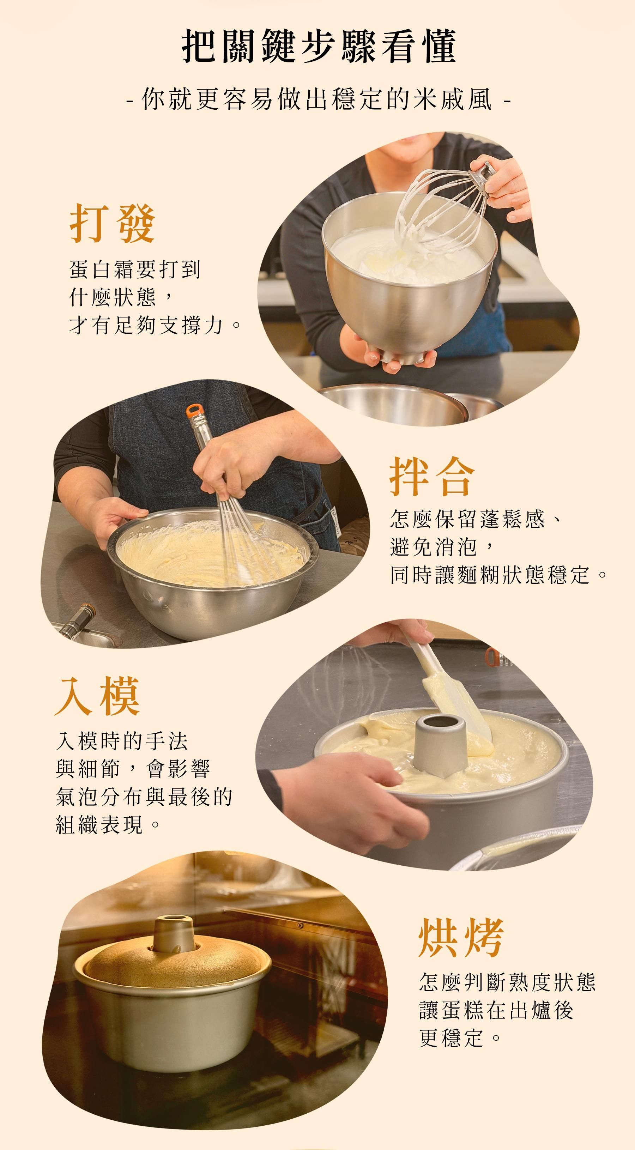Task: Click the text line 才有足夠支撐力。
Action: coord(155,325)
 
